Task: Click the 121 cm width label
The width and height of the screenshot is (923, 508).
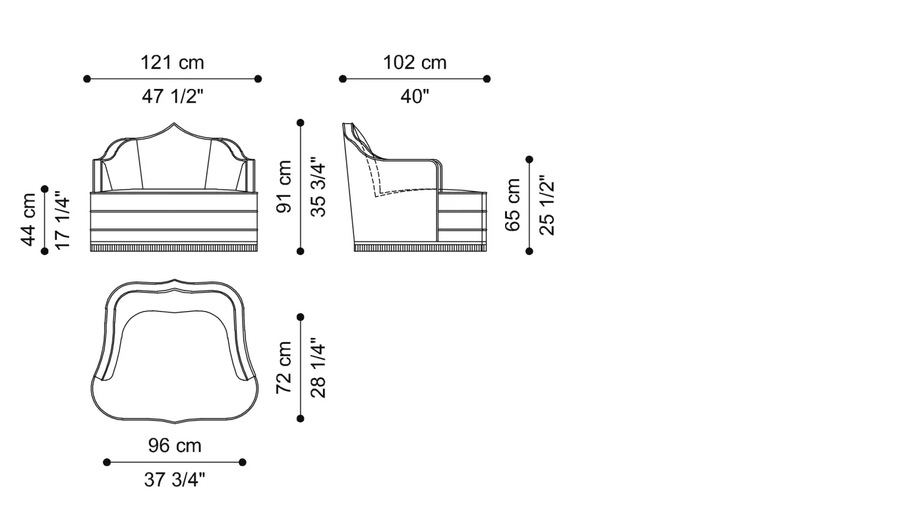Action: pyautogui.click(x=172, y=63)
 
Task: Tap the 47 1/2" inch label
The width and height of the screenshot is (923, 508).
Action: pyautogui.click(x=173, y=96)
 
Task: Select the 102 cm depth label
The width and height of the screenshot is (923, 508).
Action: pyautogui.click(x=415, y=63)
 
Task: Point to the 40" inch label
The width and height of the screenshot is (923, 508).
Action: pyautogui.click(x=415, y=96)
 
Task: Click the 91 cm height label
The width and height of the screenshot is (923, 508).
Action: pyautogui.click(x=284, y=186)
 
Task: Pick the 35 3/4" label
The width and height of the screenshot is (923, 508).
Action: pyautogui.click(x=318, y=186)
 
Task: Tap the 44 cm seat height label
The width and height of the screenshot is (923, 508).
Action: pyautogui.click(x=28, y=219)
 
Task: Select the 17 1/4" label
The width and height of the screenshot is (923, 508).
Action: pyautogui.click(x=62, y=219)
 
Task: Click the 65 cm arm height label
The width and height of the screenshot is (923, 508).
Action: pyautogui.click(x=513, y=205)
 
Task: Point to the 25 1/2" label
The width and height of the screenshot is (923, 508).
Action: pyautogui.click(x=547, y=205)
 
